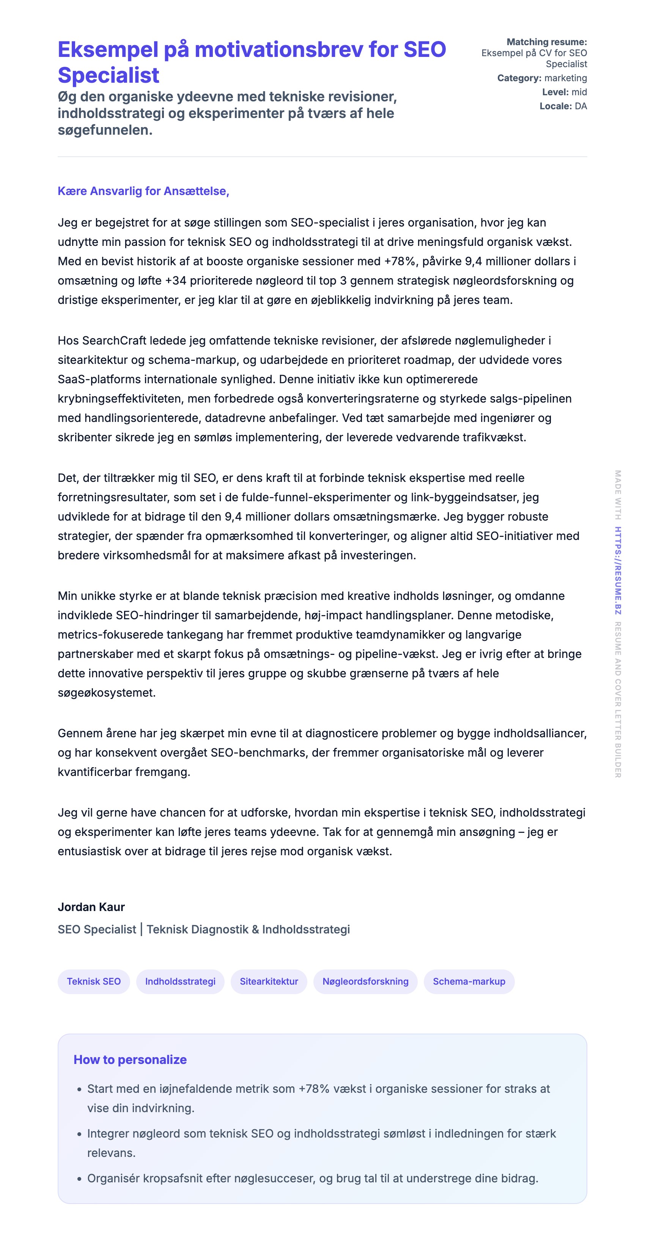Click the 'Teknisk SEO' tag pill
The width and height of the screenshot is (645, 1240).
pos(93,982)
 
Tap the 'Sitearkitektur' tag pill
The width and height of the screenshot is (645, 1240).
pos(269,982)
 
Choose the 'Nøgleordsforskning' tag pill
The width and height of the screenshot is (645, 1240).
pos(365,982)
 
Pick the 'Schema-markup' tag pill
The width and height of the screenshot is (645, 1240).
pos(469,982)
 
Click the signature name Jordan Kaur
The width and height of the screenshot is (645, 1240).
pos(91,907)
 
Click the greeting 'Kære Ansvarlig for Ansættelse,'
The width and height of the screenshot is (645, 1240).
pos(143,191)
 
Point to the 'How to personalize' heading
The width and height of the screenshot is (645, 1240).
pos(130,1059)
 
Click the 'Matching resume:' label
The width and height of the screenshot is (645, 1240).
pos(546,42)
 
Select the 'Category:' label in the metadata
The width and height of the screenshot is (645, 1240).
pos(519,78)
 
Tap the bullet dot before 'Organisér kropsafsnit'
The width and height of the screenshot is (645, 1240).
pos(79,1179)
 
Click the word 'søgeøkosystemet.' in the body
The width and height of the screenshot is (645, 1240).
pos(106,693)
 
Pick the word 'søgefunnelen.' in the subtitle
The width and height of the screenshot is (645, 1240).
pos(105,130)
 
